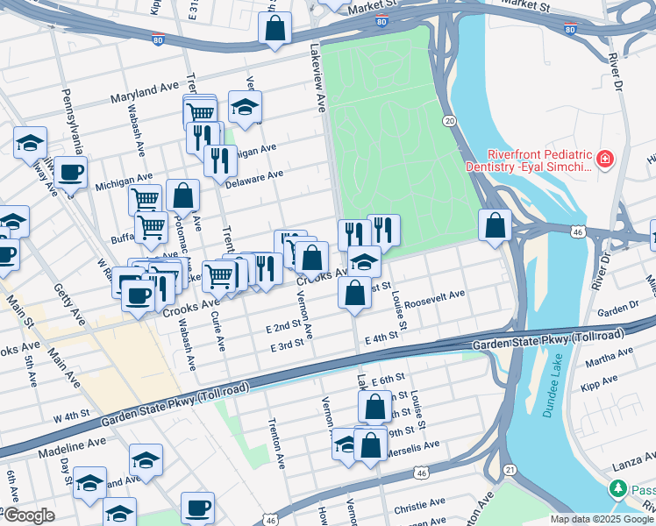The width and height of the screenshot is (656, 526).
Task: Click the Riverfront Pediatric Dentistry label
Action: point(532,158)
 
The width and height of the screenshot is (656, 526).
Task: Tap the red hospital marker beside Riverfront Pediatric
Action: point(603,160)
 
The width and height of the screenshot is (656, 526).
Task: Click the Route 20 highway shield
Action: point(449,120)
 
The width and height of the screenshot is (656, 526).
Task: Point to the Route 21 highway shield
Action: point(510,471)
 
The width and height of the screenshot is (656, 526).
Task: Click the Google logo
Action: point(29,515)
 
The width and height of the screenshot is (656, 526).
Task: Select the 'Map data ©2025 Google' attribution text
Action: point(602,519)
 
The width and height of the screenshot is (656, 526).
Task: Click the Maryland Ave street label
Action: point(144,91)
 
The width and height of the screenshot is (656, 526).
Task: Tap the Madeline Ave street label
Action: point(72,445)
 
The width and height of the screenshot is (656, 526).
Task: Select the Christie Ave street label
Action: point(419,504)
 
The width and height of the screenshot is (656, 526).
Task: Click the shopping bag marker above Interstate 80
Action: point(275,28)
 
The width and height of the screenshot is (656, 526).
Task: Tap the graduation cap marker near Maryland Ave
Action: point(246,108)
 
